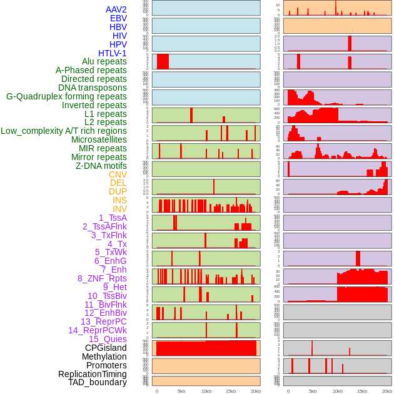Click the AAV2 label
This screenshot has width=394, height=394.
coord(116,9)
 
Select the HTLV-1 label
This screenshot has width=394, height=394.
coord(112,53)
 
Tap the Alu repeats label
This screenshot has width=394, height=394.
coord(104,61)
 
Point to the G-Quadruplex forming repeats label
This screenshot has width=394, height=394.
coord(66,96)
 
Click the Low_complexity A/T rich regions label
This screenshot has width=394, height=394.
coord(64,131)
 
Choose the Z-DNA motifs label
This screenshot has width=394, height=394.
coord(101,166)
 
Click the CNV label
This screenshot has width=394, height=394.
coord(118,174)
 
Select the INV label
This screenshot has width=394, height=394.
coord(119,209)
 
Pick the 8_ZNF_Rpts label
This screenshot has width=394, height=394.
coord(102,278)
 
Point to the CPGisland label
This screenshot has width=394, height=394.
coord(106,348)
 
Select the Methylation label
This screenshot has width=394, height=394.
coord(104,356)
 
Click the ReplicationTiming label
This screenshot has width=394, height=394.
coord(92,374)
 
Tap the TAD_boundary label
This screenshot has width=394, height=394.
coord(98,382)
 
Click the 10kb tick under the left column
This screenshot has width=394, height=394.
coord(206,391)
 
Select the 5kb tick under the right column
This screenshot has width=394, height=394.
coord(312,391)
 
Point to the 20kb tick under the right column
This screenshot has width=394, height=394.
coord(387,391)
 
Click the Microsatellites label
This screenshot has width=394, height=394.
coord(99,139)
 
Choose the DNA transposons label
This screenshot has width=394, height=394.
coord(93,88)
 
